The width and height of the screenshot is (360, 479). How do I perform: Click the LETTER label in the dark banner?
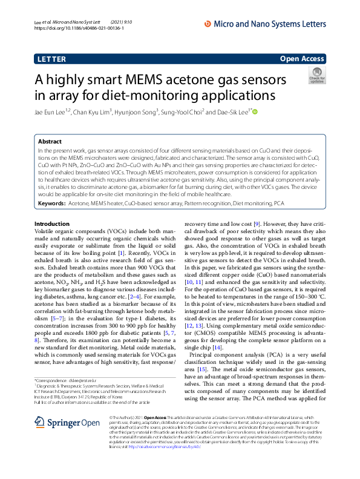coord(51,59)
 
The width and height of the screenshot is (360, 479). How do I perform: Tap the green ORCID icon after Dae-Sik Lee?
coord(255,111)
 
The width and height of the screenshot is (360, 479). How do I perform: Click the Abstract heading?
coord(51,140)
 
